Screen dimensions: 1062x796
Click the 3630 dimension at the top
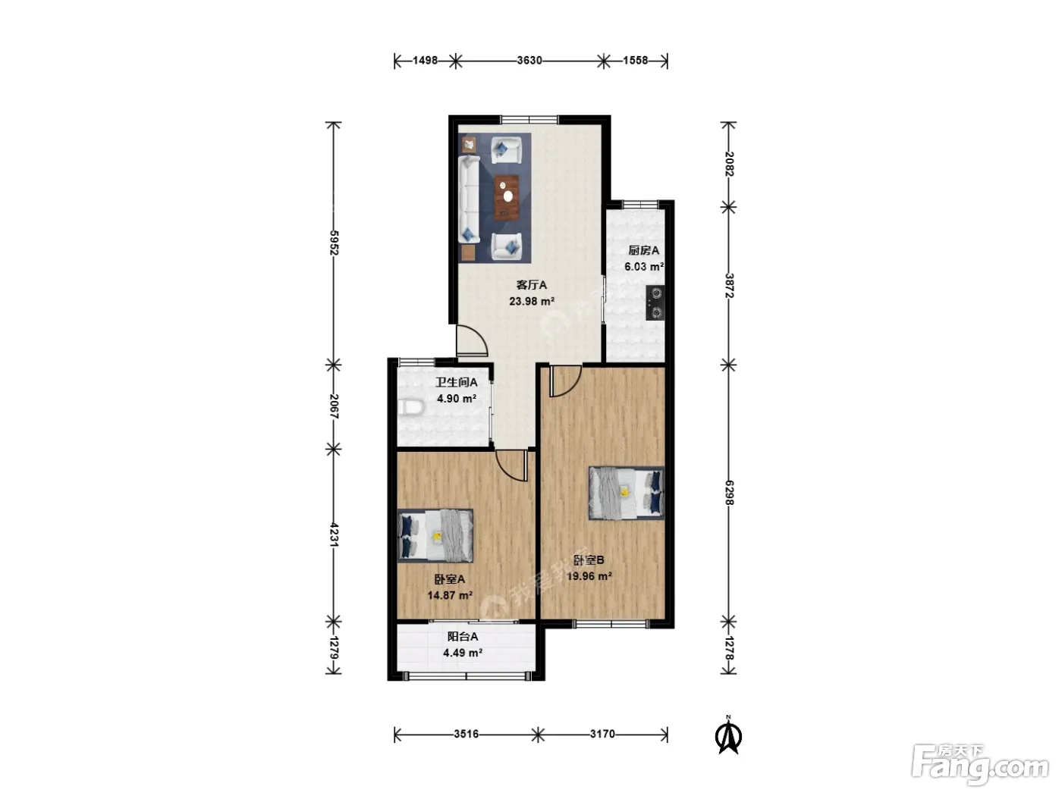(529, 61)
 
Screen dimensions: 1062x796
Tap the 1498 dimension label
(425, 61)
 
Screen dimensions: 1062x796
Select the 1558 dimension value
(635, 61)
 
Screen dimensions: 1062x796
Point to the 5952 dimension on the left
(334, 243)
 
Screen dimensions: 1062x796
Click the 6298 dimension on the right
(729, 493)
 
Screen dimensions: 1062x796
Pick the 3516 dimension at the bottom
(467, 734)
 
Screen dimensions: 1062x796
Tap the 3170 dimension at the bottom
(602, 734)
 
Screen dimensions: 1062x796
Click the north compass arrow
(729, 736)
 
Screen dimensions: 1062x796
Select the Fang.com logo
(980, 765)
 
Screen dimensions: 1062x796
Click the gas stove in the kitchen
(655, 302)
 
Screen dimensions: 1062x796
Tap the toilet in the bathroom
(411, 408)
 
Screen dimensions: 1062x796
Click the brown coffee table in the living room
(507, 198)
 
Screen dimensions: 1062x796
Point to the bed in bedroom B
(626, 493)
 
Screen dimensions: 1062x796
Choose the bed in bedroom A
(435, 536)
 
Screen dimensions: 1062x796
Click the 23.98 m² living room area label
(531, 302)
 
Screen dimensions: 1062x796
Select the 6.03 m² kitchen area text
(643, 267)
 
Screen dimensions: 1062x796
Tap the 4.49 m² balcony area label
(463, 653)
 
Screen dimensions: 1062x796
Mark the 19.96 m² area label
(589, 577)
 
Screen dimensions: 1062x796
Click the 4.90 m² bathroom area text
(456, 399)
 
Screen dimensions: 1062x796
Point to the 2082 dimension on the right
(729, 165)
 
